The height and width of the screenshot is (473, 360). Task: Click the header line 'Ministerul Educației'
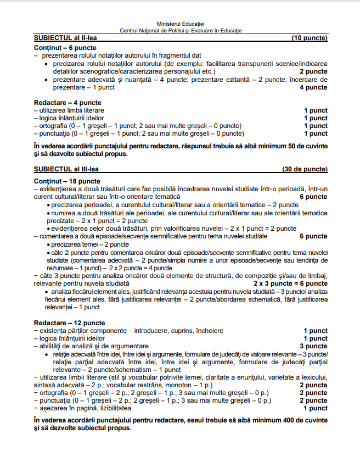[180, 25]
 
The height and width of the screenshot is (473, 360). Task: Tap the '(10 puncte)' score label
[310, 38]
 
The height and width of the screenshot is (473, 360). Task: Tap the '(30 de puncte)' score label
[305, 169]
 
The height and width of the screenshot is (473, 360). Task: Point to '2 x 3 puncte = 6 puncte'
[290, 283]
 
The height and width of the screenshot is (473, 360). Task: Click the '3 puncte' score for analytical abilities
[313, 346]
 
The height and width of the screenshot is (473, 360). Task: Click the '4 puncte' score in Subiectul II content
[316, 87]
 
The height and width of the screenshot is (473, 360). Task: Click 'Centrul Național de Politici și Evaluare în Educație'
[181, 31]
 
